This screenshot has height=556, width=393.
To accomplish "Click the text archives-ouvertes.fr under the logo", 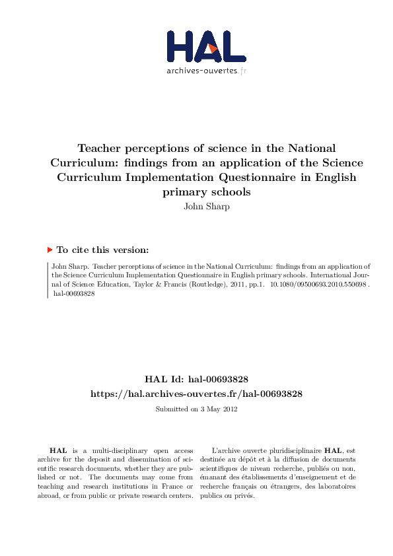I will tap(206, 71).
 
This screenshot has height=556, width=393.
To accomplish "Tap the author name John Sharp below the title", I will tap(206, 205).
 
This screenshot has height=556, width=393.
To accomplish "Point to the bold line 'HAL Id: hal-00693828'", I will tap(196, 379).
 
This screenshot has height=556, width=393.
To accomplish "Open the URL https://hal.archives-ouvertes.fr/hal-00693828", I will tap(196, 394).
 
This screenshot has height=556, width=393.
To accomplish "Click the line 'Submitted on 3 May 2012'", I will tap(196, 409).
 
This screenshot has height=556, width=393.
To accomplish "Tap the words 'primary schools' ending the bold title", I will tap(206, 191).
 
